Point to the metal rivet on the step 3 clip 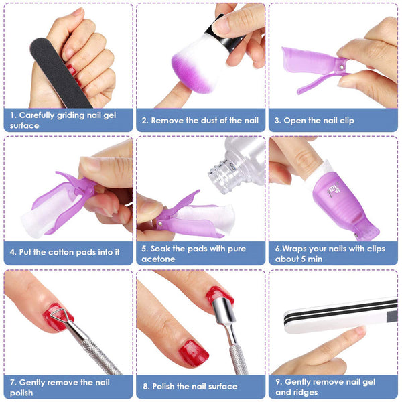pyautogui.click(x=342, y=67)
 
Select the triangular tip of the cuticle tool pyautogui.click(x=58, y=315)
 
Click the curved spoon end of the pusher pyautogui.click(x=222, y=309)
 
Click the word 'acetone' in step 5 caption pyautogui.click(x=158, y=259)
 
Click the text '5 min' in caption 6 pyautogui.click(x=312, y=259)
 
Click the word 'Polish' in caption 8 pyautogui.click(x=163, y=386)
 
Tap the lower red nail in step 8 pyautogui.click(x=194, y=353)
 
